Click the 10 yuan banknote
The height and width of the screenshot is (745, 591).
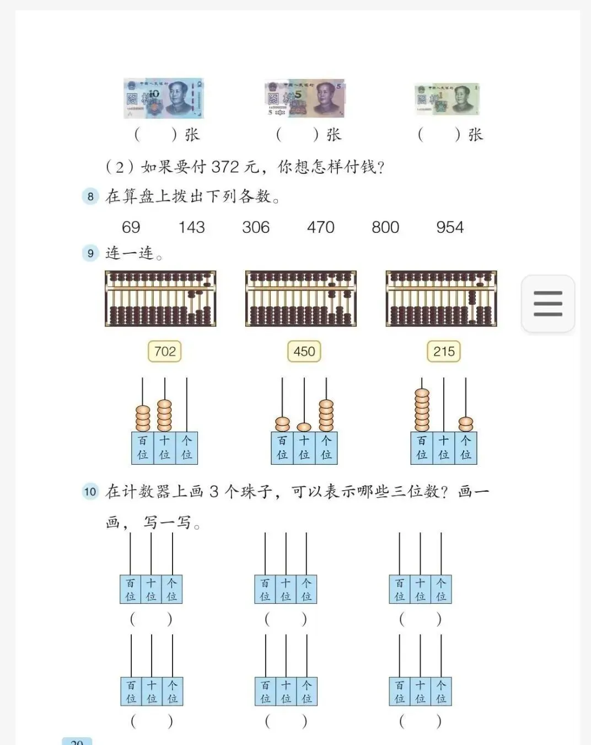[164, 98]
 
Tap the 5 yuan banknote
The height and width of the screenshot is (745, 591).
[305, 98]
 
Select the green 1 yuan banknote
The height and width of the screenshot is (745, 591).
[447, 99]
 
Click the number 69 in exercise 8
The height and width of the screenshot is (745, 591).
[131, 227]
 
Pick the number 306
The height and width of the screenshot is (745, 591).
[256, 227]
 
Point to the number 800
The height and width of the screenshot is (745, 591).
[385, 227]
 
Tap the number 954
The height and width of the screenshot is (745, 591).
[450, 227]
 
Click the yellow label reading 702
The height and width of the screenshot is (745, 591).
[165, 352]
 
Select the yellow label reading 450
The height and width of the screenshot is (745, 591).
[304, 352]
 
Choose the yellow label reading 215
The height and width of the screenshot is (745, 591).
[444, 352]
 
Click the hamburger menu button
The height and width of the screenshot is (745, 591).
[548, 304]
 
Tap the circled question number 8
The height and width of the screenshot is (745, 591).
[90, 196]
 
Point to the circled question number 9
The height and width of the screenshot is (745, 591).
[90, 253]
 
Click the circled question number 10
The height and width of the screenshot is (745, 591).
[90, 492]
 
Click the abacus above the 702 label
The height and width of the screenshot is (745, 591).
[160, 299]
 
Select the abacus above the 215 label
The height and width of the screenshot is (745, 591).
[442, 299]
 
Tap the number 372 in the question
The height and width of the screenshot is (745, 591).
[225, 167]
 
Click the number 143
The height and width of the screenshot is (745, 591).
[191, 227]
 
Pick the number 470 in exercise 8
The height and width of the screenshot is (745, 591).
[321, 227]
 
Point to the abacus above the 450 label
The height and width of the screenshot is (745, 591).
[301, 299]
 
